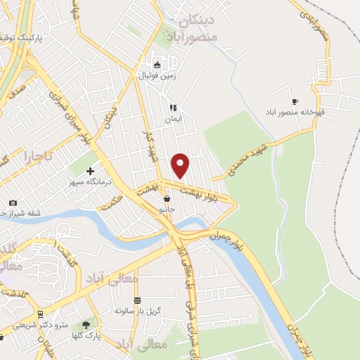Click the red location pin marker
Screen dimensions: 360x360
click(x=181, y=165)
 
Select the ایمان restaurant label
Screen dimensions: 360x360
click(x=173, y=119)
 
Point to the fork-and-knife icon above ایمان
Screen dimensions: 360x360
click(x=172, y=108)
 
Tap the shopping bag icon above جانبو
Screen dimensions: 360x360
click(x=166, y=199)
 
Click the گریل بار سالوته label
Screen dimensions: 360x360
click(x=139, y=310)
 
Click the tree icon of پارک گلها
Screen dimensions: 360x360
click(x=86, y=325)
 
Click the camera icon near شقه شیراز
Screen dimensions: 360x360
click(x=13, y=202)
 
